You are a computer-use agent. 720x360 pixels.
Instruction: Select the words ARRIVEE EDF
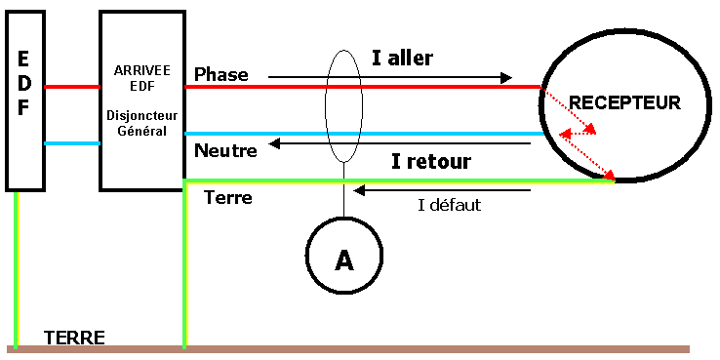tap(141, 79)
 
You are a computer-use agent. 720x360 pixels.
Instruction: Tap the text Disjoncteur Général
tap(141, 124)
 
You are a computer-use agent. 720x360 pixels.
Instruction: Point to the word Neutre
tap(225, 151)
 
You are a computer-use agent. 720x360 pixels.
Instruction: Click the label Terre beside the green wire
tap(228, 198)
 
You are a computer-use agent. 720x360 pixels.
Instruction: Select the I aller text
tap(402, 58)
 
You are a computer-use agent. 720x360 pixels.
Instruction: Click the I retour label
tap(430, 161)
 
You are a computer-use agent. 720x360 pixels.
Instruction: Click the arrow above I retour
tap(400, 143)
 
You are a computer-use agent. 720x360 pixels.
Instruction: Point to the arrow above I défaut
tap(443, 190)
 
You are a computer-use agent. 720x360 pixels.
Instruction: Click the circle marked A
tap(344, 259)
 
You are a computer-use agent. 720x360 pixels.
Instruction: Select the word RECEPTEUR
tap(624, 102)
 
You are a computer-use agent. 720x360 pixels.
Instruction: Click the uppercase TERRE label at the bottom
tap(74, 338)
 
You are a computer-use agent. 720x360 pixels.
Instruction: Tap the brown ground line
tap(390, 348)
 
